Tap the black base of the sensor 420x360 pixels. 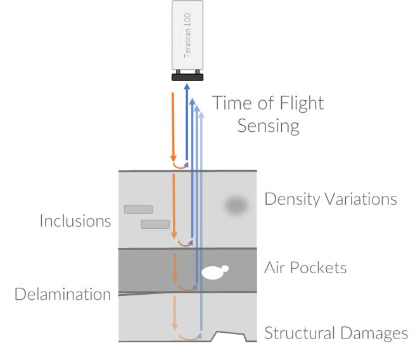pos(187,77)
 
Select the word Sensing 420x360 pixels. pos(268,125)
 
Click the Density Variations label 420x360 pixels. pos(330,199)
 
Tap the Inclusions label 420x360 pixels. pos(75,221)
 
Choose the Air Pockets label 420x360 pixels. pos(305,267)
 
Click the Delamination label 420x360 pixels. pos(63,294)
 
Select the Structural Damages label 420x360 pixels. pos(336,333)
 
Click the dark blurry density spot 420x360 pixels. pos(235,205)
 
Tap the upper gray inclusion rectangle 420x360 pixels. pos(138,209)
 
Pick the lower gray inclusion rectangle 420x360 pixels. pos(155,224)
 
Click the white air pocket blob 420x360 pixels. pos(213,273)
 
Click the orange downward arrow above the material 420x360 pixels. pos(173,127)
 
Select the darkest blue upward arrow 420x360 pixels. pos(187,120)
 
